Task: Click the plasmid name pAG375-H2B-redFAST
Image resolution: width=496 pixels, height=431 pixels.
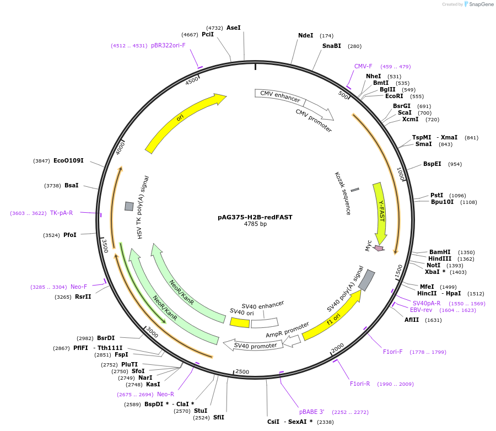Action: pos(255,217)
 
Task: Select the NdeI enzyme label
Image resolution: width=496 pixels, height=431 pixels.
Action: pos(305,35)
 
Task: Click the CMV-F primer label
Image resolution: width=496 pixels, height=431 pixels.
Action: pos(363,66)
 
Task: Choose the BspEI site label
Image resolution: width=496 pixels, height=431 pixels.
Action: pos(432,164)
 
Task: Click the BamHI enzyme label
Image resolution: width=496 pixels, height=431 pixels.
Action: pos(440,252)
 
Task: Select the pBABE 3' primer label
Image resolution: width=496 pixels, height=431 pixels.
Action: pos(312,412)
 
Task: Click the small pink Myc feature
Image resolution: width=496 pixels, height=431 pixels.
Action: pos(379,248)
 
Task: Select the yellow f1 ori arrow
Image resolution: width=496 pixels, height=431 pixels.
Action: pos(331,316)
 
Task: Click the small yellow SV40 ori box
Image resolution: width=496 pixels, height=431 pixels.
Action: pos(239,322)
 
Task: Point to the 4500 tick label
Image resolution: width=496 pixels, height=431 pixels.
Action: pos(192,80)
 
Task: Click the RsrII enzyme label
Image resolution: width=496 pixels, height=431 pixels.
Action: pos(84,297)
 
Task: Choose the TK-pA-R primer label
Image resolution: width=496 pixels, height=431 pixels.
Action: pos(61,213)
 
